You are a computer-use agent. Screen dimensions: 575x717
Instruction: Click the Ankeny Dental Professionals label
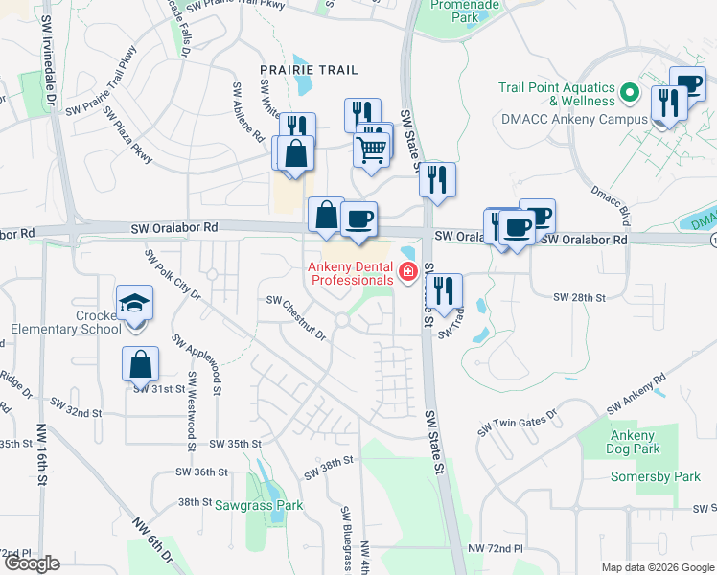[x=351, y=272]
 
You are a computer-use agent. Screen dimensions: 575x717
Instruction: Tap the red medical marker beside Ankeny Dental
[x=407, y=273]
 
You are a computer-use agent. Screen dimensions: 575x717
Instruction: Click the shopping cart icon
[x=371, y=149]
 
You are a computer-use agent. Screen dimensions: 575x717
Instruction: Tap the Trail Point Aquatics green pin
[x=629, y=93]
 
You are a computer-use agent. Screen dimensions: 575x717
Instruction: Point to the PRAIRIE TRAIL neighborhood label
[x=295, y=70]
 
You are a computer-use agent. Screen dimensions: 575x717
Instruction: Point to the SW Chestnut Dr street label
[x=296, y=318]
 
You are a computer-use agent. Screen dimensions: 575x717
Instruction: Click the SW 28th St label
[x=579, y=298]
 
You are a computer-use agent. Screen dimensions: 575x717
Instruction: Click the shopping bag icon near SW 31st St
[x=140, y=364]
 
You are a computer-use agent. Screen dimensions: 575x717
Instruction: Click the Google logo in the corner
[x=32, y=563]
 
